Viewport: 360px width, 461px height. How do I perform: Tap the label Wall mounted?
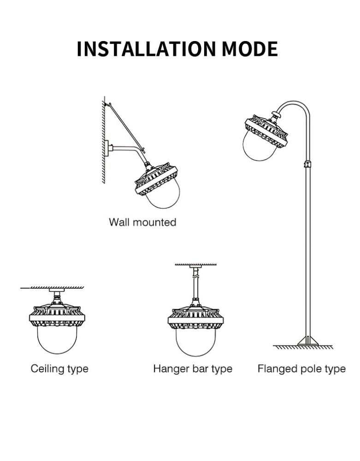142,222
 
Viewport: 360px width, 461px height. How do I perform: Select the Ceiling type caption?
59,369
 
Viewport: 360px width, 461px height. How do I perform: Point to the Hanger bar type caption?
193,369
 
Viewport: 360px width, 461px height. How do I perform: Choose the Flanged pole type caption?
301,369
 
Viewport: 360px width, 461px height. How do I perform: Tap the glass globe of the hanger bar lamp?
196,341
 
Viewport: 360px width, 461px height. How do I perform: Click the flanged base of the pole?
307,341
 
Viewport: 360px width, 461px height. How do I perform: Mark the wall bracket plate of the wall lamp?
107,148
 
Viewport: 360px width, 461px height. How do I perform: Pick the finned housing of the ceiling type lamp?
57,316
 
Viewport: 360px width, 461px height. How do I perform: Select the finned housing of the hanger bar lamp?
196,318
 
